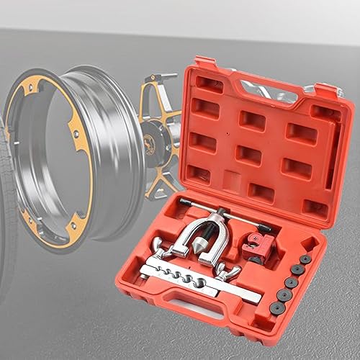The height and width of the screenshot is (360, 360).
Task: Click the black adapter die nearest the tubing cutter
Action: pos(305,259)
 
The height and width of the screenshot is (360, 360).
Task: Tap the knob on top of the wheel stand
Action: pos(170,75)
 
